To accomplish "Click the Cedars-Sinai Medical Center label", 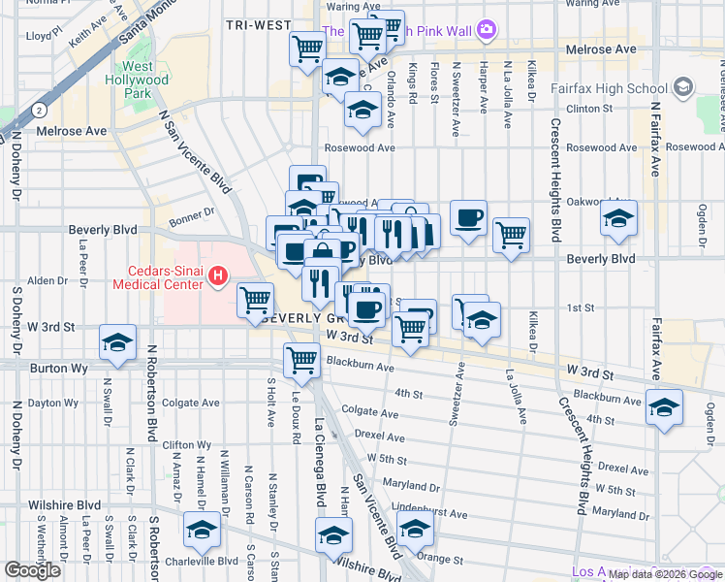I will point(161,277).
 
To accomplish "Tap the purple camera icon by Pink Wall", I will point(487,31).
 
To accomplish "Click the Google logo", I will point(33,570).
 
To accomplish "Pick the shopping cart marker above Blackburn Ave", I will point(301,360).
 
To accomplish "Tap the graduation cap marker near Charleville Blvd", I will point(202,531).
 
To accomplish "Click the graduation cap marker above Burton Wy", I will point(118,342).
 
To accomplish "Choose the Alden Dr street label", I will point(47,280).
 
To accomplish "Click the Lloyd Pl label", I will point(45,35).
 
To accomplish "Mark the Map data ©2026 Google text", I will point(664,574).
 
